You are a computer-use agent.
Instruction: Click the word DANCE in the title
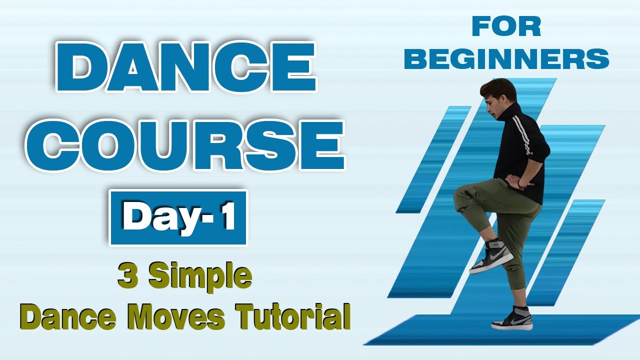(186, 68)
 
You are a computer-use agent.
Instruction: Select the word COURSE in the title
(185, 145)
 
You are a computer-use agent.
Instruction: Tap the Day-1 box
(178, 218)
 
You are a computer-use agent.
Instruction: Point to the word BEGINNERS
(506, 58)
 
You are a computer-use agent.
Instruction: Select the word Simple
(200, 276)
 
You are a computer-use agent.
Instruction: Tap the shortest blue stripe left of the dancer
(433, 160)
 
